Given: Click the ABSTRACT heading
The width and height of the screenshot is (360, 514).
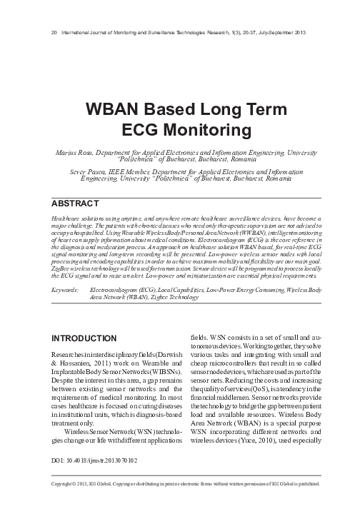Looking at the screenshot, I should pos(75,204).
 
